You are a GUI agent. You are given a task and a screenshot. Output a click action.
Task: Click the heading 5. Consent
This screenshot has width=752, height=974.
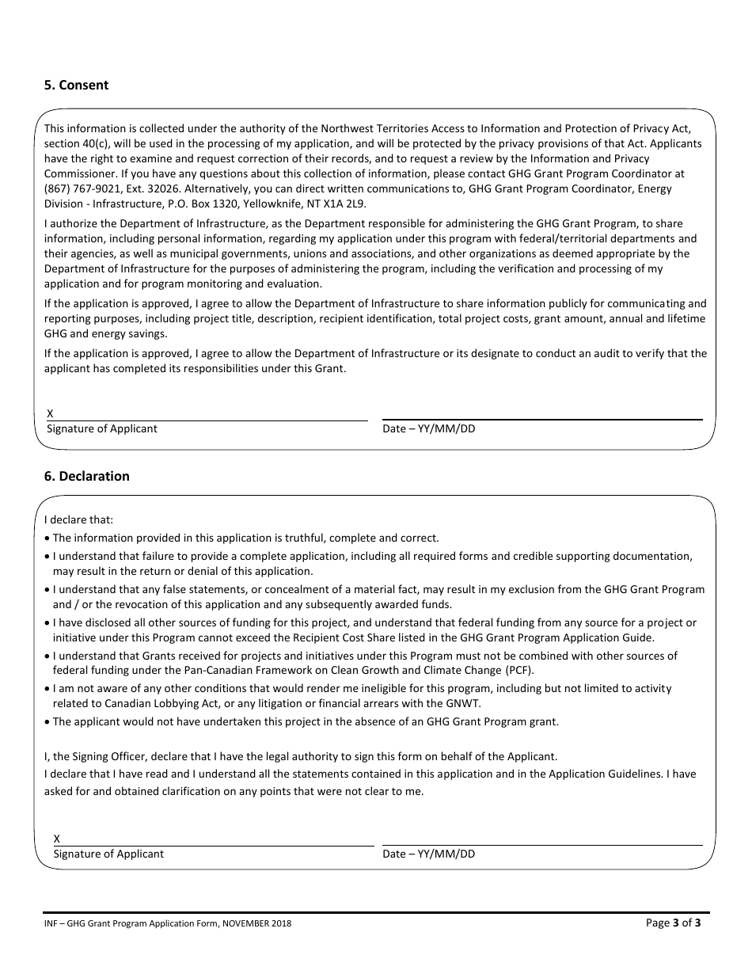(76, 86)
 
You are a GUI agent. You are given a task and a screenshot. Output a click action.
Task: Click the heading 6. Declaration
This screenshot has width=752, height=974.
(86, 477)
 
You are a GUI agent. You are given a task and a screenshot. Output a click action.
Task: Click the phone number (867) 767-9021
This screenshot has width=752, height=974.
(81, 188)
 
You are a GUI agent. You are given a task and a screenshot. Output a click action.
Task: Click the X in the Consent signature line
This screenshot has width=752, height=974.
(50, 413)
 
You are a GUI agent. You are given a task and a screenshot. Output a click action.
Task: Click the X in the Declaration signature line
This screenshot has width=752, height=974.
(56, 839)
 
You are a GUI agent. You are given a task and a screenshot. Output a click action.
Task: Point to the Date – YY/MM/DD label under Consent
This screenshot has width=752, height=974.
(428, 429)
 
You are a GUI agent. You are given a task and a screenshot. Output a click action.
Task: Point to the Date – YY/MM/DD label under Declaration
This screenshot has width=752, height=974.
(428, 854)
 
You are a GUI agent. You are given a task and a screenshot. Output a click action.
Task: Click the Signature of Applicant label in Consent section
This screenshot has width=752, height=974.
(101, 429)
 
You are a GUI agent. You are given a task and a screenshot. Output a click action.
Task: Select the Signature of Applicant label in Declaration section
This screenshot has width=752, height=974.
(108, 854)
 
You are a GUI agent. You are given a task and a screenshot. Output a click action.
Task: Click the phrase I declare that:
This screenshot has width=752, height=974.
(78, 520)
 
